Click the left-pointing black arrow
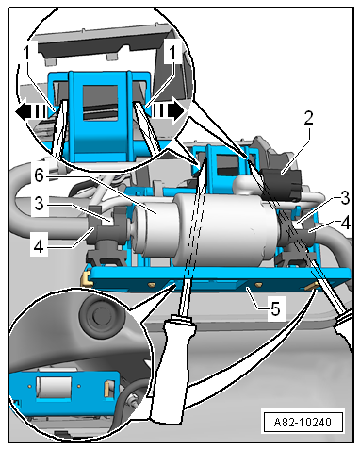(x=32, y=111)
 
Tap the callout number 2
(x=308, y=119)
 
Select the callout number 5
(x=275, y=308)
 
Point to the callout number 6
(x=39, y=175)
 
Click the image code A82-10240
(x=303, y=422)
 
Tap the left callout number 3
(x=39, y=204)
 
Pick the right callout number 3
(x=345, y=198)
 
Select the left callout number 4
(x=39, y=247)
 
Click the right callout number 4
(x=345, y=224)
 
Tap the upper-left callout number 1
(x=26, y=53)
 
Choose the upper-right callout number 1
(x=172, y=53)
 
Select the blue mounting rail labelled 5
(x=220, y=278)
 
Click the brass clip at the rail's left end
(x=86, y=278)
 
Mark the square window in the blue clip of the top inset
(x=100, y=102)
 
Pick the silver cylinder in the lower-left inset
(x=54, y=388)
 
